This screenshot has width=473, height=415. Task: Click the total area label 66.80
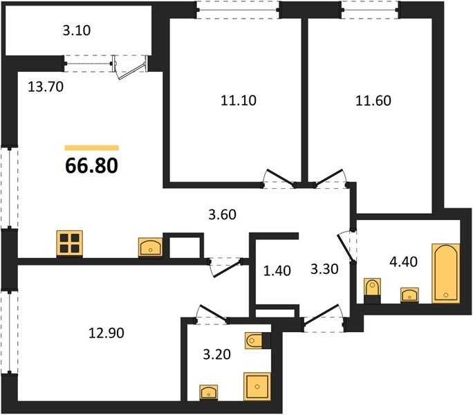pos(91,166)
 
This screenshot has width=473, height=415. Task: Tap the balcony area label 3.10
pos(77,30)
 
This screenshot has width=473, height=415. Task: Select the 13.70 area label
pos(46,87)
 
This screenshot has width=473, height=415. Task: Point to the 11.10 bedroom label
pos(239,100)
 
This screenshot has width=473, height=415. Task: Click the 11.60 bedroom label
pos(373,100)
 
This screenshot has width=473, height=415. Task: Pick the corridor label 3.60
pos(222,214)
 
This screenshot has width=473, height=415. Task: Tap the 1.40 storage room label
pos(277,270)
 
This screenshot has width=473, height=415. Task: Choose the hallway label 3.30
pos(324,268)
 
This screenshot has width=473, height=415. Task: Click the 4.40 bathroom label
pos(403,261)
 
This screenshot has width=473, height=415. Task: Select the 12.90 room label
pos(106,333)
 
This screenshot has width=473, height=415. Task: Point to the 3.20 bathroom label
pos(216,354)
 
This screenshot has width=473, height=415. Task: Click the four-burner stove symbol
pos(70,244)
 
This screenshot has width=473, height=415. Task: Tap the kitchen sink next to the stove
pos(151,248)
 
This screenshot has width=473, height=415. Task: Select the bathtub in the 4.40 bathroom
pos(446,273)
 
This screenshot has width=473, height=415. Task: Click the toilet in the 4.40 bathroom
pos(373,291)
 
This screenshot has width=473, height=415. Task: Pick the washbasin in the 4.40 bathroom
pos(409,295)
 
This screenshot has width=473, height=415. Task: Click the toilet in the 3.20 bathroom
pos(258,341)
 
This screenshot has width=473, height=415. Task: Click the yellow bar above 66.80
pos(92,147)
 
